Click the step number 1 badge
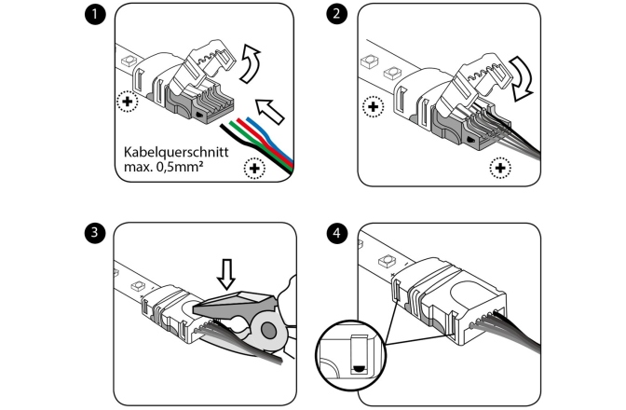(93, 15)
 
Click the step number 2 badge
(336, 15)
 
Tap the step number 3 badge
(93, 232)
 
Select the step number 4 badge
(336, 232)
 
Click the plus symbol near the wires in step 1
(252, 169)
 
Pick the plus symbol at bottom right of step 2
(501, 169)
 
